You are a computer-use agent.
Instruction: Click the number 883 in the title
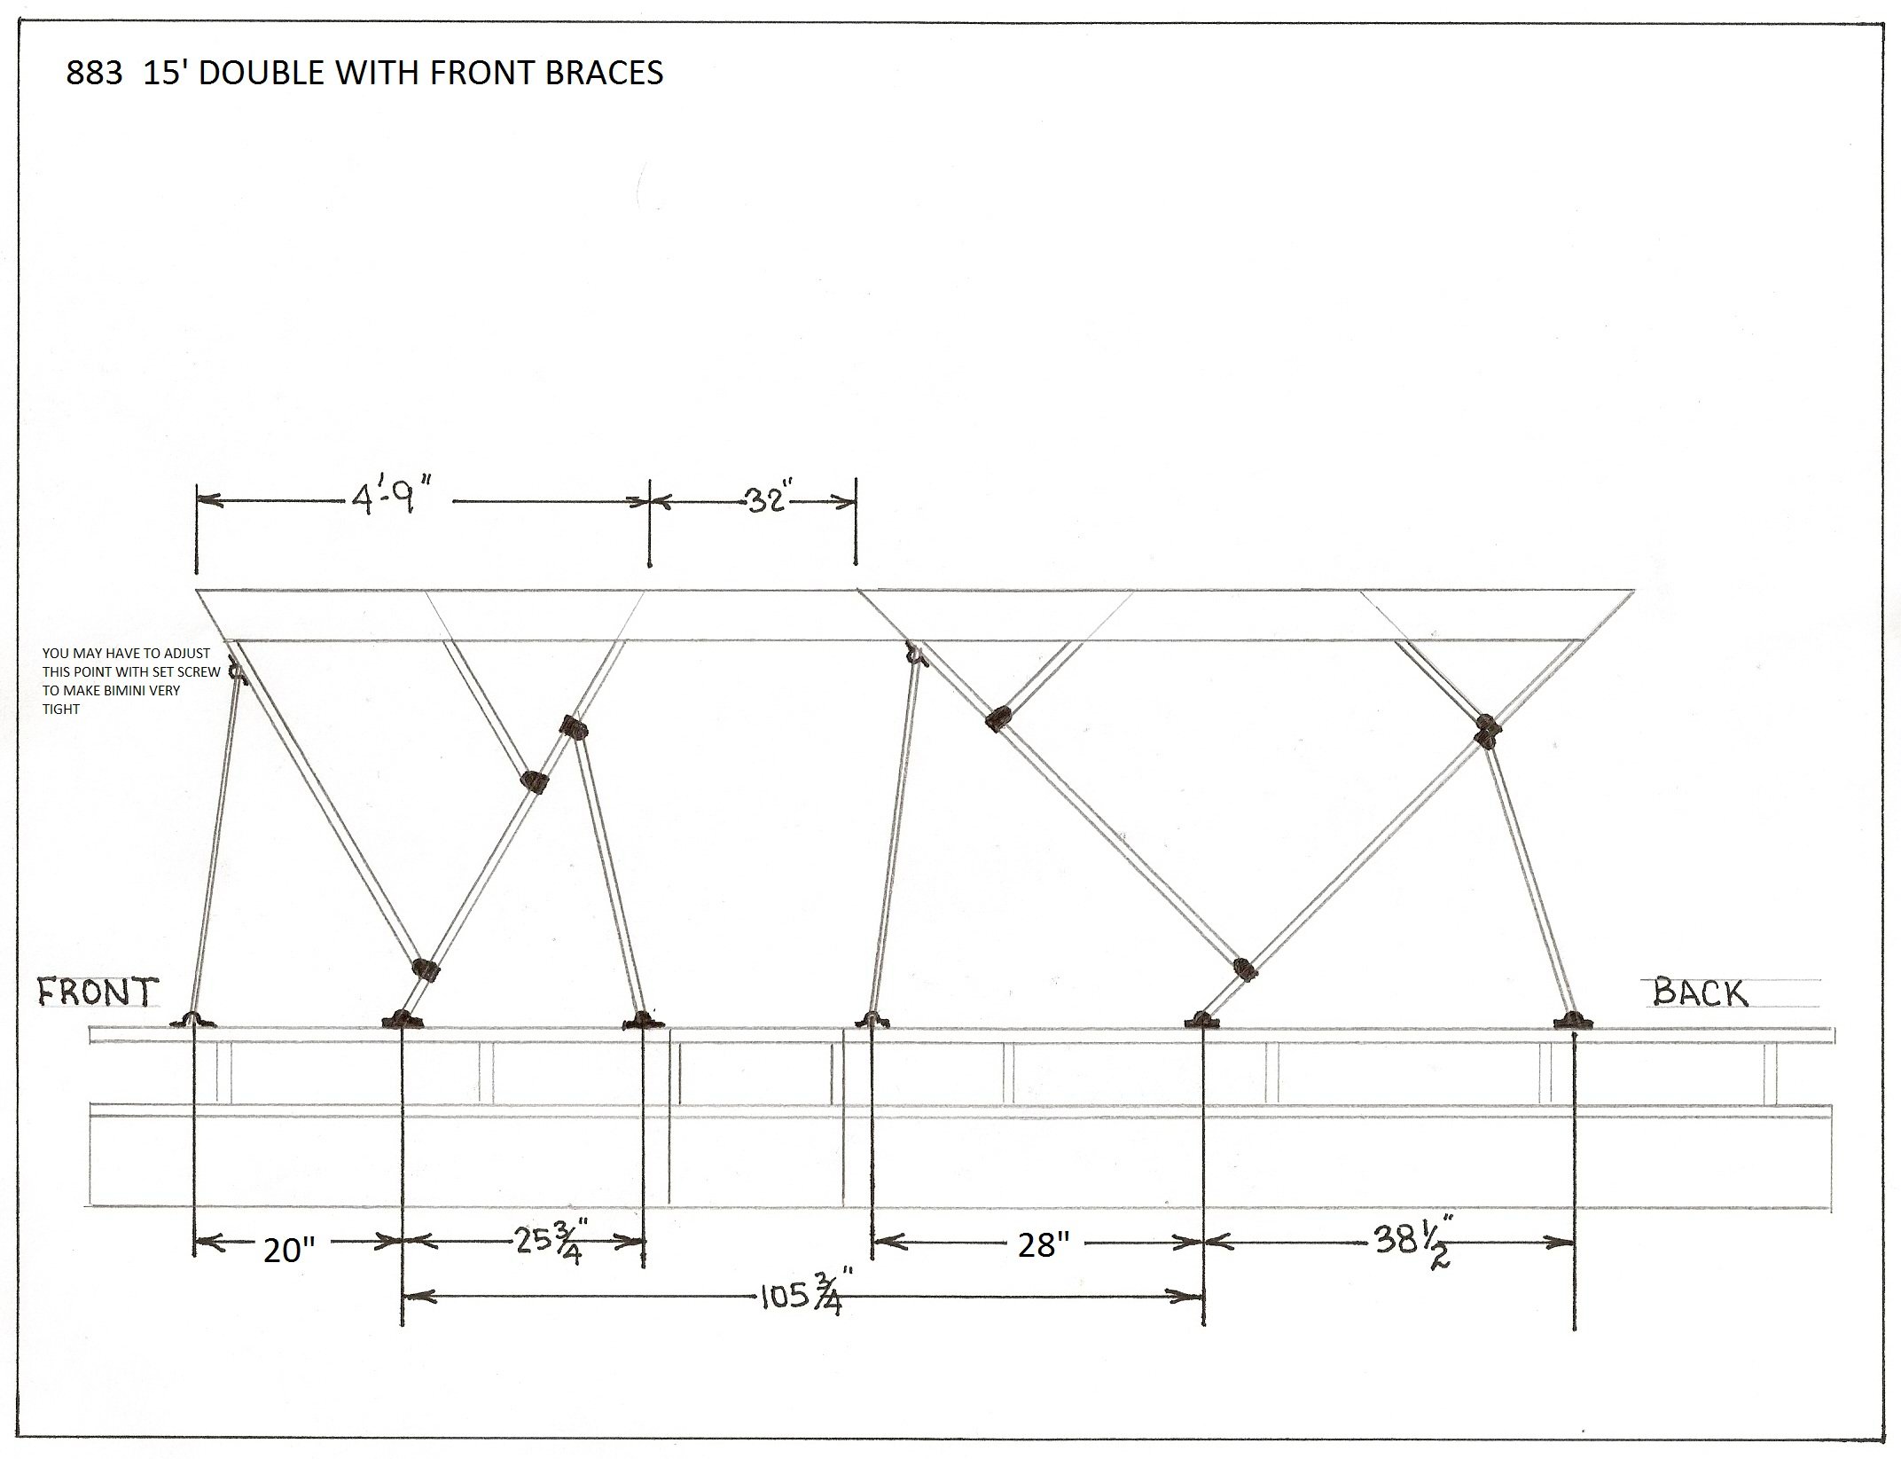(x=94, y=74)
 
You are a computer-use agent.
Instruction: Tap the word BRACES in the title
(x=604, y=74)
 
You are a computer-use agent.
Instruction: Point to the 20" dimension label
(x=290, y=1251)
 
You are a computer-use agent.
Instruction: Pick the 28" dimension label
(x=1037, y=1246)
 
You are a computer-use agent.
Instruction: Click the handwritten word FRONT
(x=98, y=992)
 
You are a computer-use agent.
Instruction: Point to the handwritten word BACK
(x=1700, y=992)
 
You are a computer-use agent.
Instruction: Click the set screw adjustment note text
(x=131, y=681)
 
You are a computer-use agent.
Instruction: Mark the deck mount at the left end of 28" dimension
(x=872, y=1020)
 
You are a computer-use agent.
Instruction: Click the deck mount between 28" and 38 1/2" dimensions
(x=1201, y=1020)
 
